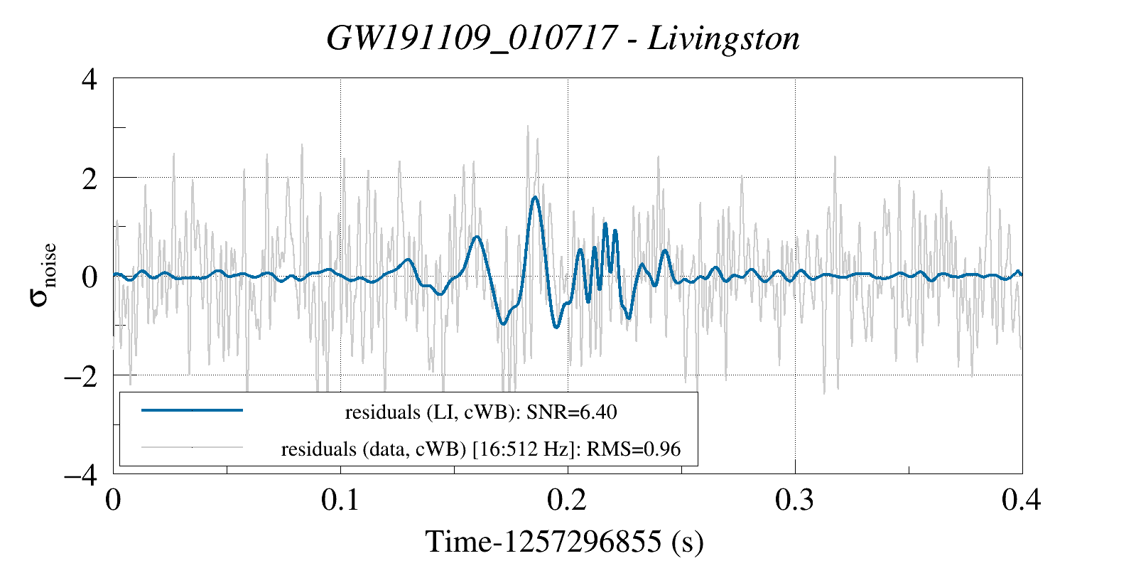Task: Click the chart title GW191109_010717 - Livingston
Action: point(563,38)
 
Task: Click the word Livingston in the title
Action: point(724,38)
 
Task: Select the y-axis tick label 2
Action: point(90,178)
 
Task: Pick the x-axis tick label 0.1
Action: point(341,500)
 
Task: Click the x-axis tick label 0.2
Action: point(568,500)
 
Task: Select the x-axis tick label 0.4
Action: point(1022,500)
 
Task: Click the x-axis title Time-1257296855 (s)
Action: point(565,542)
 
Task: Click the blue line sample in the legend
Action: point(192,410)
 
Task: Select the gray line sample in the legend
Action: point(192,448)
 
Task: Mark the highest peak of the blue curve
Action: point(535,198)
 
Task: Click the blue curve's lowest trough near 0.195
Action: point(556,327)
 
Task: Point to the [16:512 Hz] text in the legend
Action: point(523,449)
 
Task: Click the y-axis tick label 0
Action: point(90,277)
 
